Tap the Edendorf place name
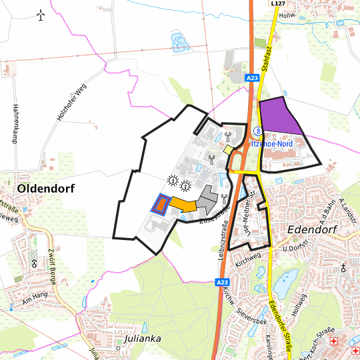click(313, 229)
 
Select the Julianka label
click(143, 338)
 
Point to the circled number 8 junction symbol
click(257, 132)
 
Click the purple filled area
click(279, 117)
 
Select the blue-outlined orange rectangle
click(159, 203)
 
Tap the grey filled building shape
click(207, 200)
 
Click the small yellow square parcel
click(229, 151)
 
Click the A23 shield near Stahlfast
click(251, 78)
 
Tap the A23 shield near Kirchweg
click(223, 283)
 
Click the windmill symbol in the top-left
click(41, 15)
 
